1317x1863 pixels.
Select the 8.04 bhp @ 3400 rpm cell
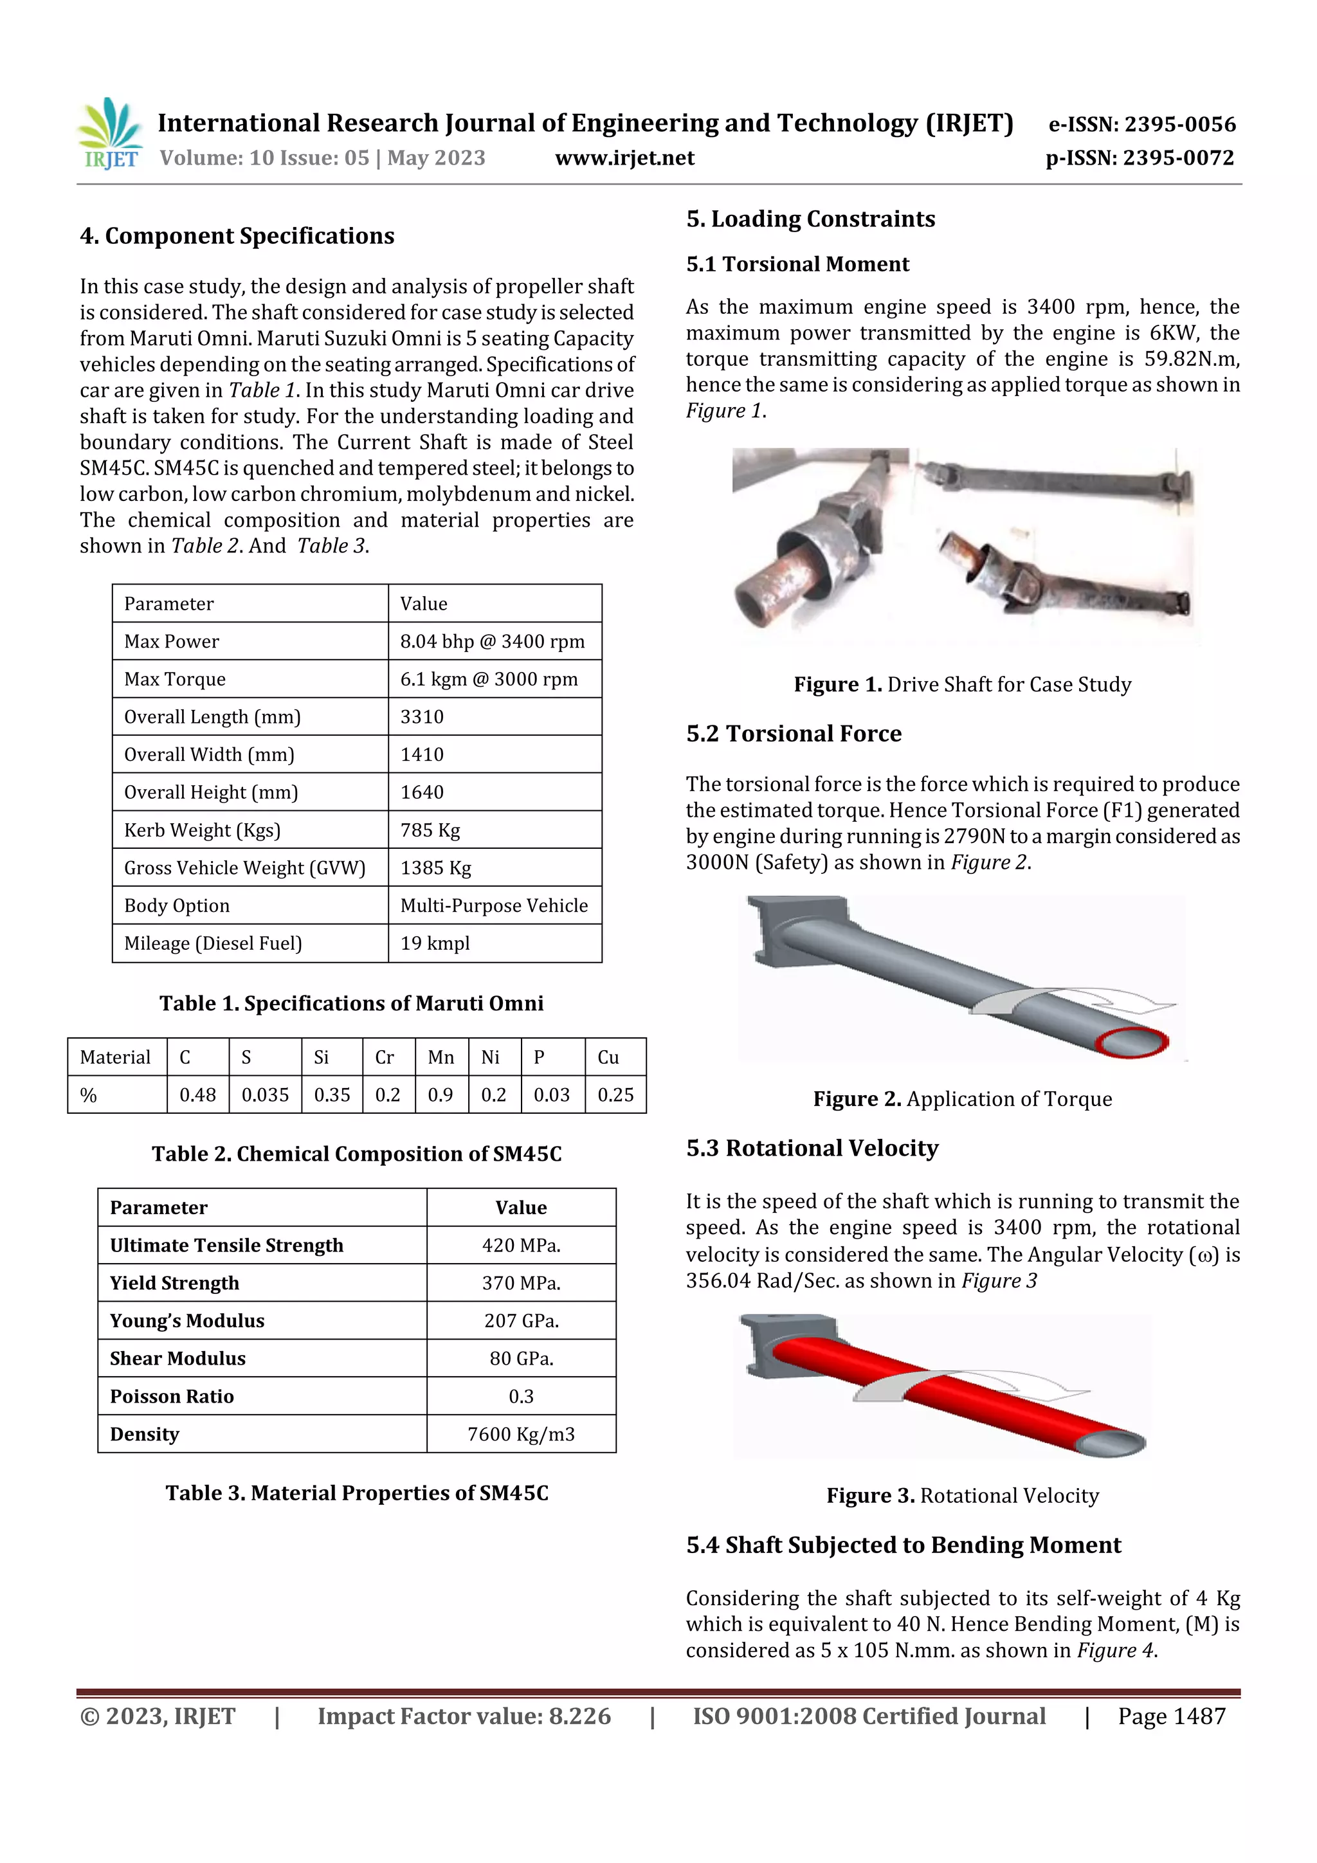[492, 641]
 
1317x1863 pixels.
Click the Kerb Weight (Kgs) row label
[202, 830]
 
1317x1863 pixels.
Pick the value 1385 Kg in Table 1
[436, 868]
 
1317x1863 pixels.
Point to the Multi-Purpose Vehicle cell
[493, 905]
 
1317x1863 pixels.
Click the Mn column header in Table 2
[441, 1057]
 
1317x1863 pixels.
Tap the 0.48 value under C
[197, 1095]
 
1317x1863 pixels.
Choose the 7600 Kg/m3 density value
[521, 1434]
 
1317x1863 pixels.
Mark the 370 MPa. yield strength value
[521, 1283]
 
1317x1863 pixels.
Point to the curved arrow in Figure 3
[974, 1386]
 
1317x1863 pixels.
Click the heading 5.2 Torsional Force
[793, 734]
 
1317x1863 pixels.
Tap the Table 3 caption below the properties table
[357, 1493]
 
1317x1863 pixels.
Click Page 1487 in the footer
[1171, 1716]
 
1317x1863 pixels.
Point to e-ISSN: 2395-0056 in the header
[1141, 124]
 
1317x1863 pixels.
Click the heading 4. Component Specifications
[237, 236]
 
